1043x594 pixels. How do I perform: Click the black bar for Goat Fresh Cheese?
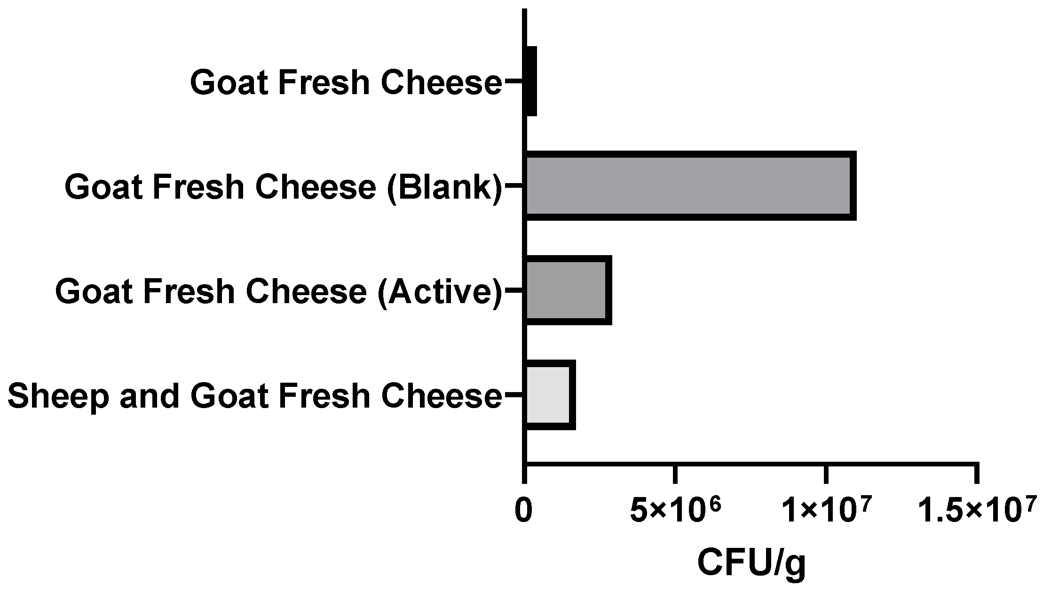531,81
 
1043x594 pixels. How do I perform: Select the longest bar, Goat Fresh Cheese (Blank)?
689,186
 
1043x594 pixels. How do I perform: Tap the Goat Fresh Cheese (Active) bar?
567,290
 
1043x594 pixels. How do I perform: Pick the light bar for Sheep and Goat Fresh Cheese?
549,395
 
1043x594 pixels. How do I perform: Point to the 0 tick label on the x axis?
524,511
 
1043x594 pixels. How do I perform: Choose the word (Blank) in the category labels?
444,187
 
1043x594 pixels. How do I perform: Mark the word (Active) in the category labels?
440,291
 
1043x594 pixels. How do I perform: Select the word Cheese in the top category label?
441,82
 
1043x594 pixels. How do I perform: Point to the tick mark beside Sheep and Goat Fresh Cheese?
514,395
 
